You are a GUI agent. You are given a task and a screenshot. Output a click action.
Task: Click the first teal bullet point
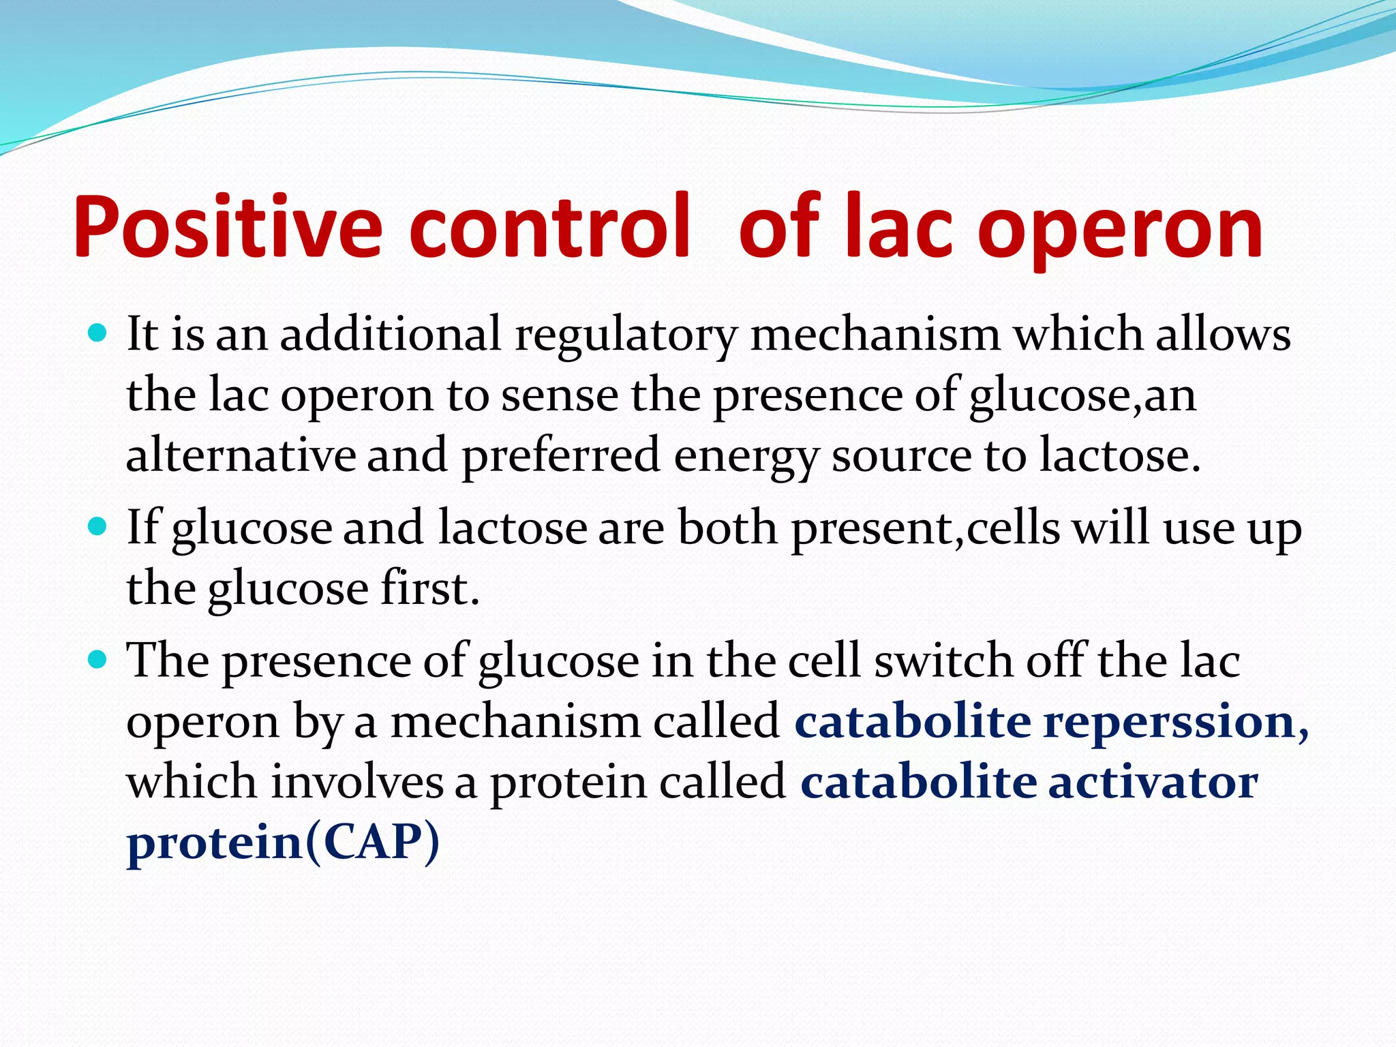98,333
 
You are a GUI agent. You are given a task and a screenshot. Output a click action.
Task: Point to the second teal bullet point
98,527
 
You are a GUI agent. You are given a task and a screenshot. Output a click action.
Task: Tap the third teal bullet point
98,660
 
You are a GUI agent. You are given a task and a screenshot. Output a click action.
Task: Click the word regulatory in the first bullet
626,335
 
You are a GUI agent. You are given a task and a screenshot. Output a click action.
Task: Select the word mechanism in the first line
875,335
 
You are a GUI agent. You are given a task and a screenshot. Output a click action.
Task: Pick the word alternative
241,455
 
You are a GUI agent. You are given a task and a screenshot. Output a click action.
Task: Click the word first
429,588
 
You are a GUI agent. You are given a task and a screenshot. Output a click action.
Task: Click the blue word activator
1152,782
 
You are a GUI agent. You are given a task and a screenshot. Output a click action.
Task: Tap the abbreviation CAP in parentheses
372,842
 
